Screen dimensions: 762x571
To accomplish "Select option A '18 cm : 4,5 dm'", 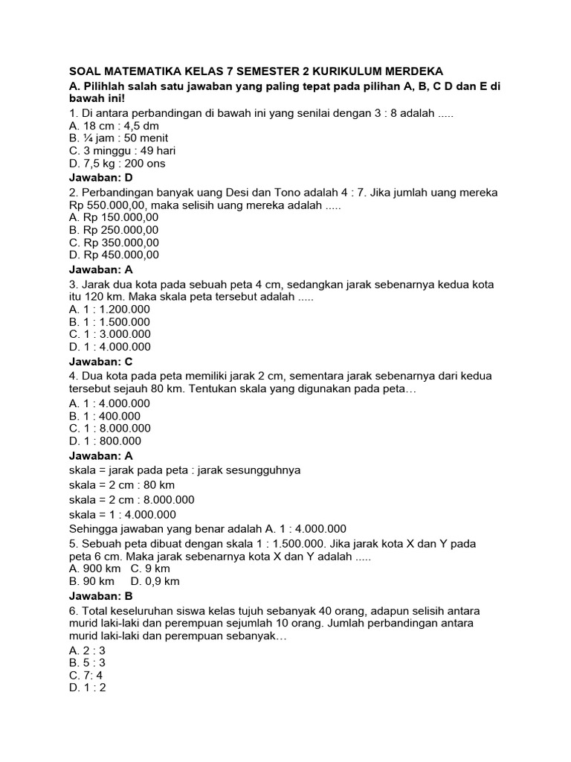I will tap(112, 126).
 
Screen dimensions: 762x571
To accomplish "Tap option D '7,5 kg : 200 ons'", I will tap(117, 163).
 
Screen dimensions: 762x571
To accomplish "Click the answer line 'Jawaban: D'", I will tap(100, 178).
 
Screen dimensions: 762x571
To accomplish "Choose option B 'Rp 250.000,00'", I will tap(113, 229).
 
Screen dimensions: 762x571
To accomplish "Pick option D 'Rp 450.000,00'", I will tap(113, 254).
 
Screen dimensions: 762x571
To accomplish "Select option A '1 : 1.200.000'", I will tap(109, 309).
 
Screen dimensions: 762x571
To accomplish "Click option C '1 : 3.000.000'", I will tap(109, 334).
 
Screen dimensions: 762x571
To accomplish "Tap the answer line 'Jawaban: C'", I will tap(100, 361).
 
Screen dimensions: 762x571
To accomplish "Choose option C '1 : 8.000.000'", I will tap(109, 428).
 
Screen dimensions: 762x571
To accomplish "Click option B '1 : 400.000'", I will tap(104, 415).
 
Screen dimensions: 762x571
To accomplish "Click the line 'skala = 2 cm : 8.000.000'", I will tap(132, 499).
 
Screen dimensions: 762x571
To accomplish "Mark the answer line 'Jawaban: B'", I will tap(100, 596).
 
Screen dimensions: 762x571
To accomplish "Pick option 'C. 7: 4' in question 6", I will tap(86, 675).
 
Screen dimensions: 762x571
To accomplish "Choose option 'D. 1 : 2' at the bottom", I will tap(87, 688).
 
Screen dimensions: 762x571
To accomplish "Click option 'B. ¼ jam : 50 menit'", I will tap(118, 138).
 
